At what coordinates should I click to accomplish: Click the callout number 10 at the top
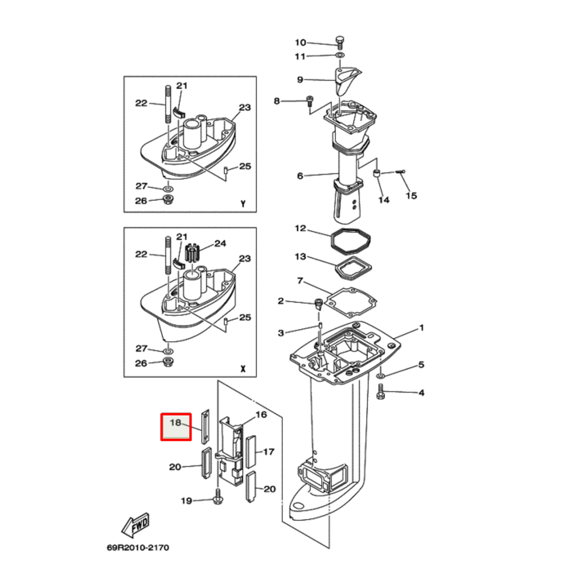pyautogui.click(x=300, y=42)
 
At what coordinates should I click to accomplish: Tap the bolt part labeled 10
pyautogui.click(x=339, y=41)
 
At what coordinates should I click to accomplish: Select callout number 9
pyautogui.click(x=300, y=80)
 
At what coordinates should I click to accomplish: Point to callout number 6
pyautogui.click(x=300, y=176)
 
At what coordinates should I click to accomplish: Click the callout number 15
pyautogui.click(x=411, y=196)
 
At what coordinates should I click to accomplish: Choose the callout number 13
pyautogui.click(x=300, y=257)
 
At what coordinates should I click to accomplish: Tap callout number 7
pyautogui.click(x=300, y=281)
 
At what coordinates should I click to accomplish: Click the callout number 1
pyautogui.click(x=421, y=329)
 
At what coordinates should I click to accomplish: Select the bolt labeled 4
pyautogui.click(x=381, y=393)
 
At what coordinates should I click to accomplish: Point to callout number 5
pyautogui.click(x=421, y=366)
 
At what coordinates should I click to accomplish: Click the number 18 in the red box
pyautogui.click(x=176, y=422)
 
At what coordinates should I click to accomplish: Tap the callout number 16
pyautogui.click(x=260, y=415)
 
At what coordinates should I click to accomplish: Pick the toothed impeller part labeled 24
pyautogui.click(x=193, y=255)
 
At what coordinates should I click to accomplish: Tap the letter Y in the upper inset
pyautogui.click(x=242, y=204)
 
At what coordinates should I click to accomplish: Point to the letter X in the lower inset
pyautogui.click(x=242, y=370)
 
